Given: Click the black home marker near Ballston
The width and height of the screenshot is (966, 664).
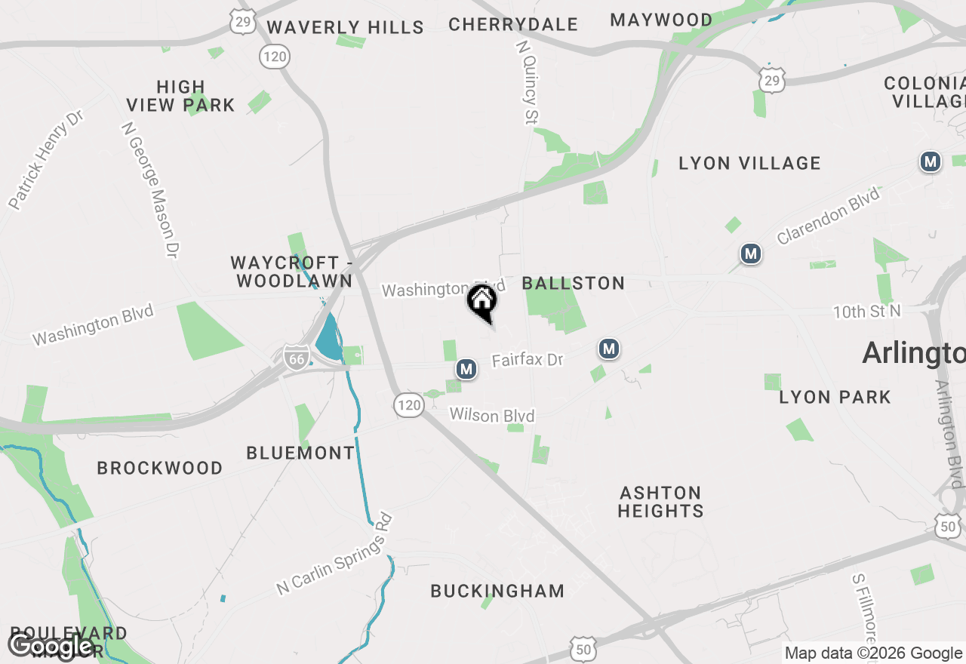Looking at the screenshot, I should coord(482,302).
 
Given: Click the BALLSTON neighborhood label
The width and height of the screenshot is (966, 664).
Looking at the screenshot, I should coord(574,284).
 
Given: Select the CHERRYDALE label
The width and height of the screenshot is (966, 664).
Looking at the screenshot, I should coord(513,24).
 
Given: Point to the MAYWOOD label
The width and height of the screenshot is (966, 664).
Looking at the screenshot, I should coord(661,20).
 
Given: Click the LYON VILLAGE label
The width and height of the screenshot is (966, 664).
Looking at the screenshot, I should coord(749,163).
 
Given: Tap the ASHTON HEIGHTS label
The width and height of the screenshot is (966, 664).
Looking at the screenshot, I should coord(660,502).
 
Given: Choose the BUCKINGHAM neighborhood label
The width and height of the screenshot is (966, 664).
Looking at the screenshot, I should coord(497,591).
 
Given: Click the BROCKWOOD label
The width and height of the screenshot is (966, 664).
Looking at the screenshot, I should coord(160,469).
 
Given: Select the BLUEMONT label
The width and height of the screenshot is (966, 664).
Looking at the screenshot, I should coord(300,453).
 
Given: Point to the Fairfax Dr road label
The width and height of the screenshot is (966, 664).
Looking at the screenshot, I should coord(528,360).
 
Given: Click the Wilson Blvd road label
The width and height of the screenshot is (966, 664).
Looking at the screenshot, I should coord(492,416).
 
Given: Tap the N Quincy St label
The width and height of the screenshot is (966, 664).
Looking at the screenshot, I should coord(528,81).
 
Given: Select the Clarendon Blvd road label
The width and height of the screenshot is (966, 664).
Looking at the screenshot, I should coord(828,216).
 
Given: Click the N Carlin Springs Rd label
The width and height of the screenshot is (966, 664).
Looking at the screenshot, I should coord(335,554).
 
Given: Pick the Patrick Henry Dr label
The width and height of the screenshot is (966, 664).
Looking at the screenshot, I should coord(45,159).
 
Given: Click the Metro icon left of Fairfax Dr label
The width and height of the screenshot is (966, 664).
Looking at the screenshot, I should coord(466,369).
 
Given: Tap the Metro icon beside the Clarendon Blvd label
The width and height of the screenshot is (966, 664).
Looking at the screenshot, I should coord(750,254).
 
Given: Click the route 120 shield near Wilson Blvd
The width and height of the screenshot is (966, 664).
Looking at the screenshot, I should coord(408,405).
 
